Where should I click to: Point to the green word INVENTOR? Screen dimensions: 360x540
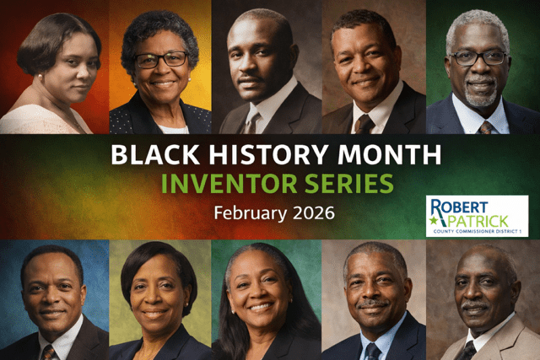click(x=238, y=183)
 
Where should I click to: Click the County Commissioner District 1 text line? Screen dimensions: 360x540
click(x=477, y=231)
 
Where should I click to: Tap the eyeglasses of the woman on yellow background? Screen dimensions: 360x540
click(x=160, y=59)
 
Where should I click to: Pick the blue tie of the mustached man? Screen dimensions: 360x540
click(x=372, y=350)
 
